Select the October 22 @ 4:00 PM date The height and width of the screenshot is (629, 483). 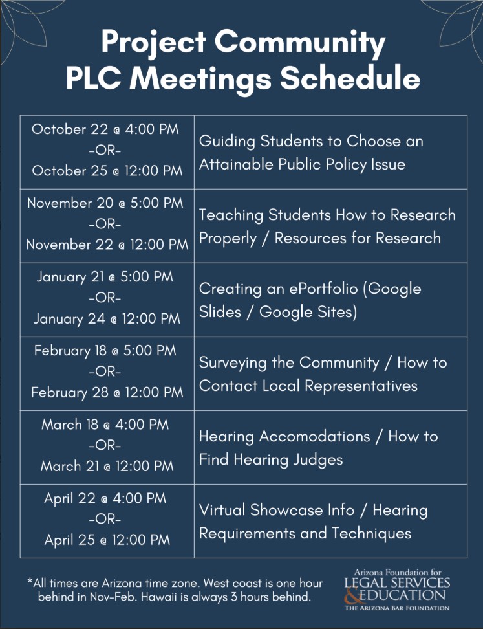tap(105, 129)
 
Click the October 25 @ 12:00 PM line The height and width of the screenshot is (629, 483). tap(107, 171)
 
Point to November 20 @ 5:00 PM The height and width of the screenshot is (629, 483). tap(105, 203)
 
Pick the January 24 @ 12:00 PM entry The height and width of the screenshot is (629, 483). tap(107, 318)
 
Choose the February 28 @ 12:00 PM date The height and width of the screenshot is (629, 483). tap(107, 392)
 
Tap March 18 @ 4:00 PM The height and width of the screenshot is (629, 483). tap(105, 425)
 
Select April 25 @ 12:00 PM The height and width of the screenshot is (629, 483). tap(107, 540)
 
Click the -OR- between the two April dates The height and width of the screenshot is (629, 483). tap(105, 519)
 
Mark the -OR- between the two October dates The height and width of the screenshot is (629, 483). tap(105, 150)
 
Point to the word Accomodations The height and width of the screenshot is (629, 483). tap(314, 436)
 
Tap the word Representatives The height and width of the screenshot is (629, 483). tap(361, 386)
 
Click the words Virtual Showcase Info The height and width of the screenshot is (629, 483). tap(277, 511)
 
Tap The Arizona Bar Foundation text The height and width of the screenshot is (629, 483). tap(397, 608)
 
